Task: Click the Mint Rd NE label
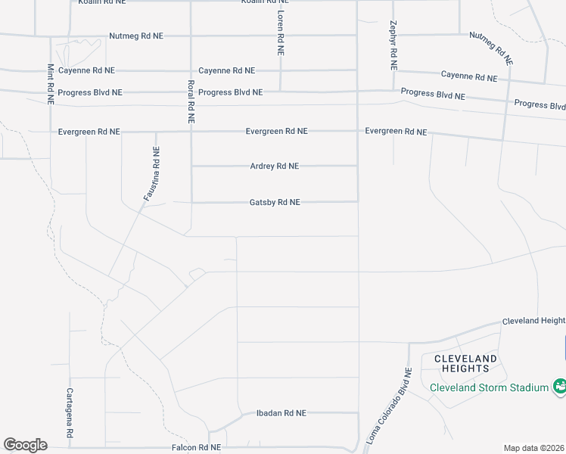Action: tap(50, 83)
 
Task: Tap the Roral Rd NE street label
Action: tap(191, 102)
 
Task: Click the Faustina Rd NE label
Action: tap(152, 175)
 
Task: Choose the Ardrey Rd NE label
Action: tap(275, 166)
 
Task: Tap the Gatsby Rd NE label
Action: tap(275, 202)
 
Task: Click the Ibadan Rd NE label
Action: tap(280, 413)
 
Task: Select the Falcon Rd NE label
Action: tap(194, 447)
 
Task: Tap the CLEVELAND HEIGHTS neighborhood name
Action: tap(465, 363)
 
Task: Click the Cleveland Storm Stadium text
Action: tap(489, 387)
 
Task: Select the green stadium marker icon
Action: tap(559, 387)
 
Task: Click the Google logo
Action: tap(25, 445)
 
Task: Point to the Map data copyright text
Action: tap(535, 448)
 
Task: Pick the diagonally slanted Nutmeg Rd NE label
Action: tap(491, 47)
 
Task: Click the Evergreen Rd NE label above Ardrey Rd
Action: tap(276, 131)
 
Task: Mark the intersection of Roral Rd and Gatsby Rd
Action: tap(191, 202)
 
